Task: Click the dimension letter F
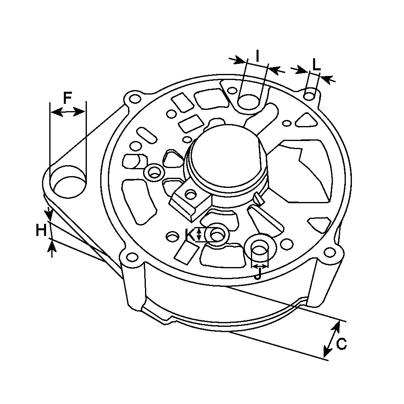(67, 98)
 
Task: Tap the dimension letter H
(41, 230)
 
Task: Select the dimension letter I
(257, 56)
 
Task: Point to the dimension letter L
(317, 65)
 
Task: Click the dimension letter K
(190, 234)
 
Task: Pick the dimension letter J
(258, 274)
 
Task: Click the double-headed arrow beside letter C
(331, 340)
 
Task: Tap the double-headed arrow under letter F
(68, 112)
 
